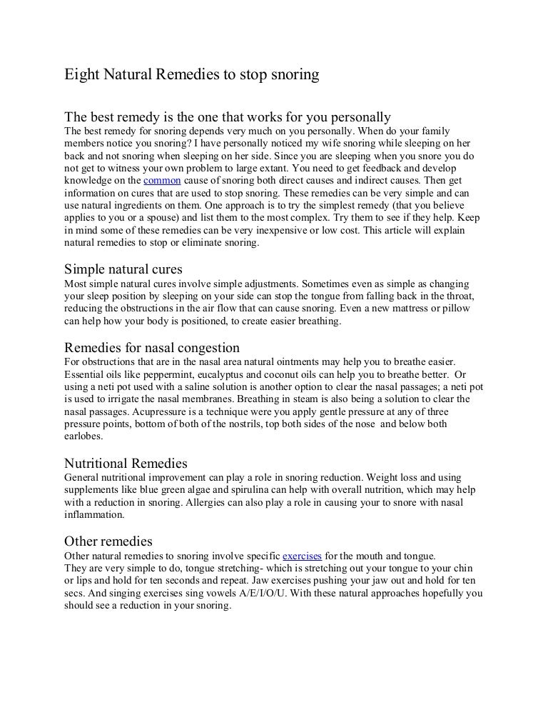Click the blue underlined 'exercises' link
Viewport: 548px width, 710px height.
(x=303, y=555)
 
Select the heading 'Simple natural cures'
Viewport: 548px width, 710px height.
(x=123, y=270)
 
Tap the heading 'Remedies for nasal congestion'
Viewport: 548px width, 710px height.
(x=152, y=347)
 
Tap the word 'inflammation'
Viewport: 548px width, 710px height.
(x=94, y=515)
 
